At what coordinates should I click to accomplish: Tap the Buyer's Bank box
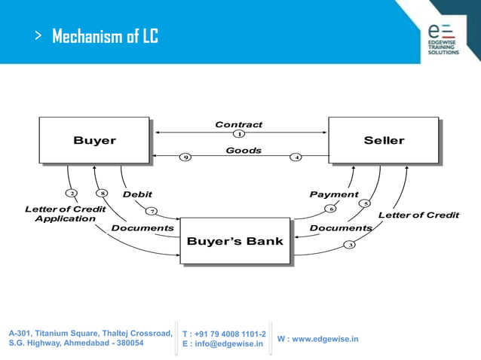point(234,241)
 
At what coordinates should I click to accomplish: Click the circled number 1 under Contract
point(239,134)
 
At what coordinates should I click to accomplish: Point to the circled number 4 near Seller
point(297,157)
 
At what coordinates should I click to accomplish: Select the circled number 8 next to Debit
point(104,193)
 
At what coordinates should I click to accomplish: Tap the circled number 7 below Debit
point(152,210)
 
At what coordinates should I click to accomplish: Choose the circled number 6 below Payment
point(330,208)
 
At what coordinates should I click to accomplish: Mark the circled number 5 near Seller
point(366,203)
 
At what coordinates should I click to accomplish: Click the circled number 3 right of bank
point(349,244)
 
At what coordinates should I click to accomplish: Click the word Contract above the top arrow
point(239,124)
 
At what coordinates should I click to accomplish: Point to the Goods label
point(244,150)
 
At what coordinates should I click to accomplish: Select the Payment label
point(334,194)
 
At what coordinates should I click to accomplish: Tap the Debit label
point(137,194)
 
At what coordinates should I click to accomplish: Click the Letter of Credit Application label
point(60,213)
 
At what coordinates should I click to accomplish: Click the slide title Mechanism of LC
point(105,36)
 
